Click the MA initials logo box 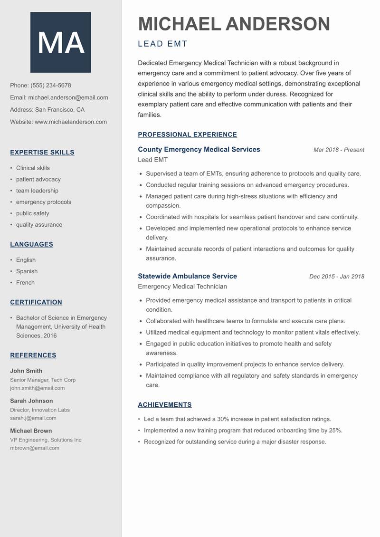(61, 42)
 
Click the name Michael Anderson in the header (234, 24)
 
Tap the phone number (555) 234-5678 (51, 86)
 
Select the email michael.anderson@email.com (68, 97)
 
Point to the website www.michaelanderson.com (71, 122)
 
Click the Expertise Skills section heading (42, 153)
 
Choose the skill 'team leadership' (37, 191)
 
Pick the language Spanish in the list (27, 271)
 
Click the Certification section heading (36, 302)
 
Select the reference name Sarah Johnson (31, 401)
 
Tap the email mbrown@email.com (35, 448)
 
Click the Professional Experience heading (187, 134)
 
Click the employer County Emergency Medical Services (199, 149)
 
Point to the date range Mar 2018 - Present (339, 150)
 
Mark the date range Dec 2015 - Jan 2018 (336, 277)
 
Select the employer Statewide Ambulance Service (187, 276)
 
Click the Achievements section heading (164, 405)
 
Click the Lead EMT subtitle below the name (162, 44)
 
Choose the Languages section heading (31, 244)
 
